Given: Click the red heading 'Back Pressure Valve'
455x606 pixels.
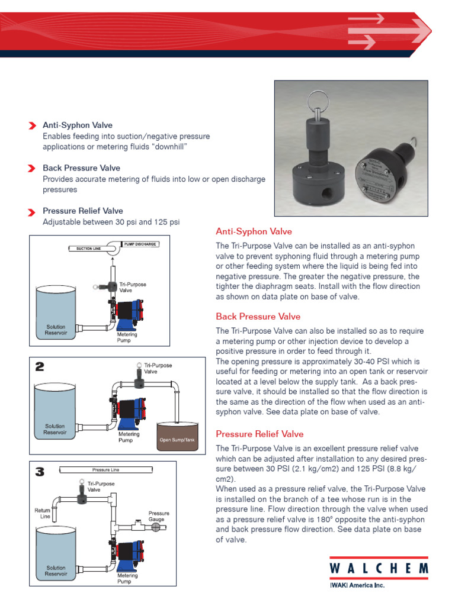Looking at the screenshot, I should [x=258, y=317].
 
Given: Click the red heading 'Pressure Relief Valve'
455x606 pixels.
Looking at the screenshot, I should [x=259, y=434].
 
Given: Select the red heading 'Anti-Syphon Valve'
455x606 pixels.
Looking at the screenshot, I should [x=254, y=231].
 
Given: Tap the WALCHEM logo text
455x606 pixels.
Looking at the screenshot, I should [x=379, y=568].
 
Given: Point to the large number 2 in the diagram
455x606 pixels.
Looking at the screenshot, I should [x=39, y=367].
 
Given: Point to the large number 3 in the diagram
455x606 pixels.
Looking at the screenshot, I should [x=39, y=472].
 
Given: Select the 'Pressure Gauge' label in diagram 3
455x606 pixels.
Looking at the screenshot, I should [x=159, y=517].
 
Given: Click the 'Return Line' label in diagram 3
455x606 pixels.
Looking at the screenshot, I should [x=43, y=513].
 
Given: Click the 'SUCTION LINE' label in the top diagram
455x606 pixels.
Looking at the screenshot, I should [x=89, y=249].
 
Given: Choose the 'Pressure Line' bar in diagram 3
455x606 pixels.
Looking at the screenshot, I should [x=106, y=470].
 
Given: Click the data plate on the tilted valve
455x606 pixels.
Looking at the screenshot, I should [x=374, y=179].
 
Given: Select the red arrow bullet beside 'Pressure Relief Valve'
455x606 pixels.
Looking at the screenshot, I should [x=32, y=211].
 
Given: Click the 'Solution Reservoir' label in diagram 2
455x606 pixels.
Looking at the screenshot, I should [x=55, y=429].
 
